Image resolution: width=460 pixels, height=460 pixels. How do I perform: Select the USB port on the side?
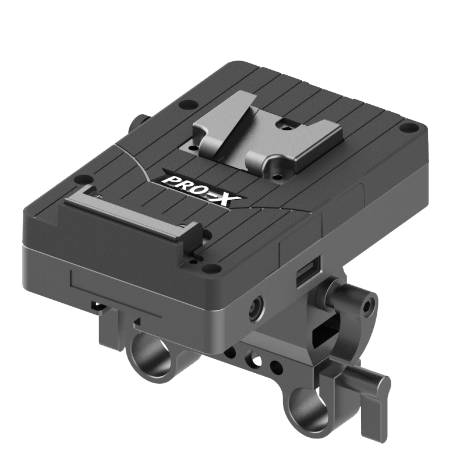[x=308, y=271]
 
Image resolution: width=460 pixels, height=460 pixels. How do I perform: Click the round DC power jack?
[x=256, y=308]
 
